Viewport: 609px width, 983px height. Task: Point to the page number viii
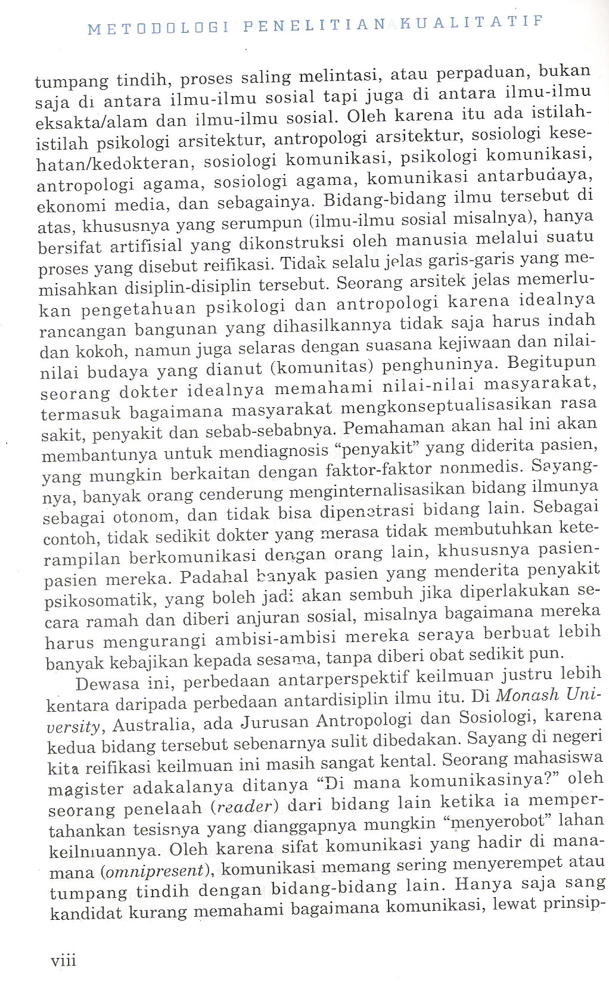(64, 960)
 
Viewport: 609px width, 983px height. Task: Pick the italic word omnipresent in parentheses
(155, 871)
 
